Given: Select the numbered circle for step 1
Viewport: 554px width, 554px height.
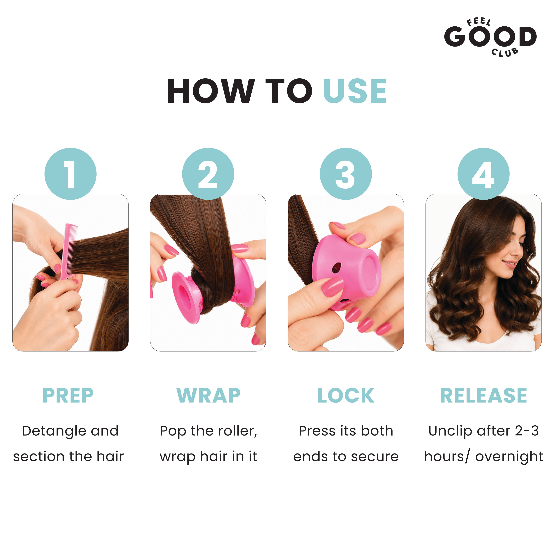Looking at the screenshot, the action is (x=71, y=174).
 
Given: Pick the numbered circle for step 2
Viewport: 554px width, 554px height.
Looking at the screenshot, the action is (x=208, y=174).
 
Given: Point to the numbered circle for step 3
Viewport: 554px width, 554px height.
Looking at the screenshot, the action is (x=346, y=174).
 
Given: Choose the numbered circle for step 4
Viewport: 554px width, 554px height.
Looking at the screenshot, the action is (x=483, y=174).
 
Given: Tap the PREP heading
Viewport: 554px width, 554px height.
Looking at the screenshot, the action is (x=68, y=395).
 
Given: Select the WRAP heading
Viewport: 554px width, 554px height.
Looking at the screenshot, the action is (x=209, y=395).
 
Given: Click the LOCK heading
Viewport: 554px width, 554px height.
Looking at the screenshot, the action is (x=346, y=395).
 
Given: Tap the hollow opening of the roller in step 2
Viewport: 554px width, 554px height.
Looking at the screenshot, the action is (x=185, y=298).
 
